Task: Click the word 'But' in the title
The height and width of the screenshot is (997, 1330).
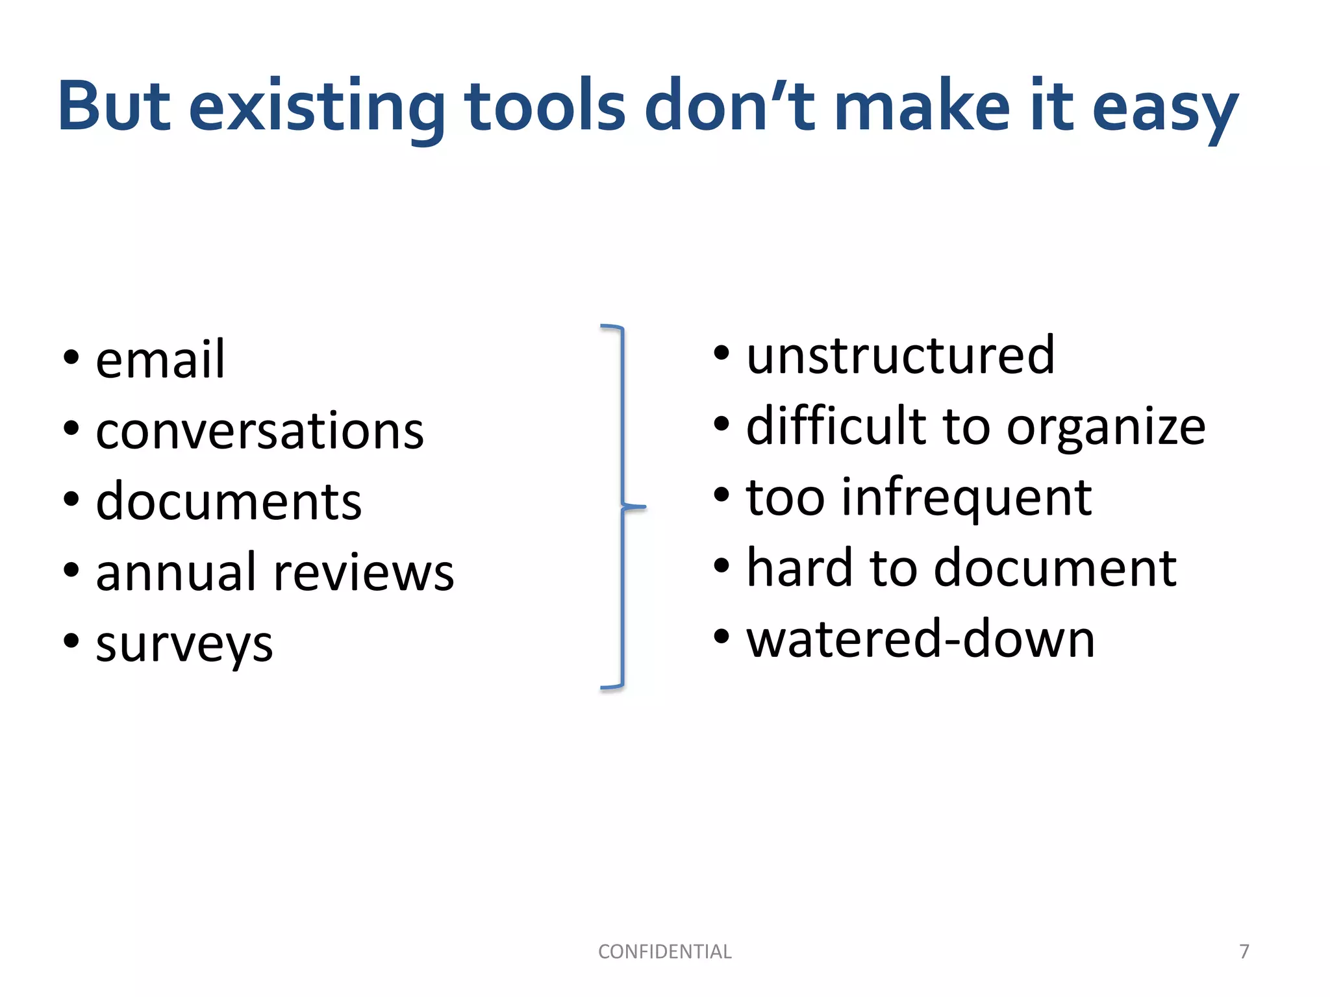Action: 114,106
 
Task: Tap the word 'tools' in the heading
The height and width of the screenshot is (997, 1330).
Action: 545,106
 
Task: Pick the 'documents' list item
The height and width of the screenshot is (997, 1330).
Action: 229,501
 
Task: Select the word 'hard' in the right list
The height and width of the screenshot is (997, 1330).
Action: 799,567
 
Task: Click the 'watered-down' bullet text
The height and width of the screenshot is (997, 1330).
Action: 920,639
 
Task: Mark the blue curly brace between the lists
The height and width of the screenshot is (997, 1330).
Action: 622,506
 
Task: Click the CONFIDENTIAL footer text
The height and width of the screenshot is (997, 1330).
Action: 664,952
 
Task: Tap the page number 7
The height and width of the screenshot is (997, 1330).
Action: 1244,952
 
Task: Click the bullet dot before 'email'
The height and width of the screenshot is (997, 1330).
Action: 71,358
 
